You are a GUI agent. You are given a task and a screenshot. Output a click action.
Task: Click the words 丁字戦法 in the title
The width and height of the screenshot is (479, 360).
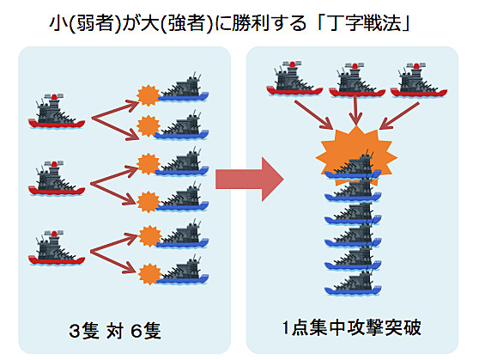(365, 23)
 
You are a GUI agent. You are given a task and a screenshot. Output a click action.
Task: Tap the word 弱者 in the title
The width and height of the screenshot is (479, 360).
(94, 23)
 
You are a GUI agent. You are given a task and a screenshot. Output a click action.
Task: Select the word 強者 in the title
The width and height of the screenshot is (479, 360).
(186, 23)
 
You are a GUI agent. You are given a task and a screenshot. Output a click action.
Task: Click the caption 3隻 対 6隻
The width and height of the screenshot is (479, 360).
(115, 331)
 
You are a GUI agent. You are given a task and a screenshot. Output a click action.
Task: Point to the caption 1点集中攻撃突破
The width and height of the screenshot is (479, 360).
(352, 327)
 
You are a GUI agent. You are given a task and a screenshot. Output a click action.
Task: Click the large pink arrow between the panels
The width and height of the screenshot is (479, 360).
(250, 180)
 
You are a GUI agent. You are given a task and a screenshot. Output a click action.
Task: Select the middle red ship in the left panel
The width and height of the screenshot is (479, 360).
(57, 178)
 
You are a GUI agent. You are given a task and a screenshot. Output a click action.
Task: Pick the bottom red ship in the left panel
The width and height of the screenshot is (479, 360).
(57, 248)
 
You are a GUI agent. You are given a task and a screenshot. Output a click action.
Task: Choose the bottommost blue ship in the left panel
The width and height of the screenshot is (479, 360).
(184, 270)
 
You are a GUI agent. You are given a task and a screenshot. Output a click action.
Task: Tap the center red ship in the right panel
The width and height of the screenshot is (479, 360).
(357, 80)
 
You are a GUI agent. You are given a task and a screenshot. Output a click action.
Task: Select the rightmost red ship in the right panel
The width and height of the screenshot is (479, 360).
(419, 80)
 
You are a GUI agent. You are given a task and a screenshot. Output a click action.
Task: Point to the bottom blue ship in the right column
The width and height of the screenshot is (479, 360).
(353, 284)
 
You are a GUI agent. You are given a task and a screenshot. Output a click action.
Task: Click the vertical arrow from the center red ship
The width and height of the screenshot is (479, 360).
(355, 111)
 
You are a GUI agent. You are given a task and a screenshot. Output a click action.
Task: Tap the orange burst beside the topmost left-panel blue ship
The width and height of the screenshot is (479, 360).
(149, 95)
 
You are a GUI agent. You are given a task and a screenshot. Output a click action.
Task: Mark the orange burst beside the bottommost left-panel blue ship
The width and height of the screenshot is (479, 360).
(149, 274)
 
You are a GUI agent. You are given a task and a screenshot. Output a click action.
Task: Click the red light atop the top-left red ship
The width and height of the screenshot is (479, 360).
(54, 97)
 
